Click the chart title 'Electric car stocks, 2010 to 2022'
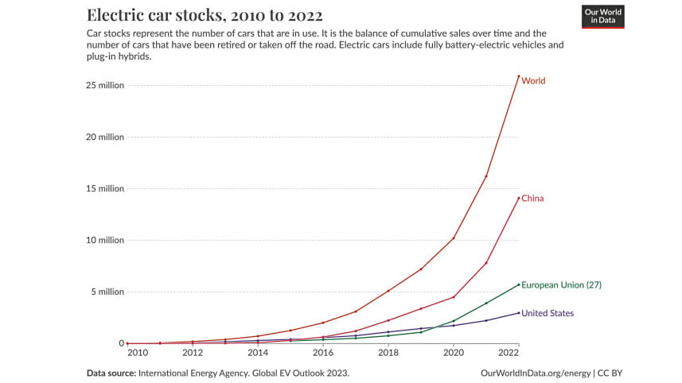pyautogui.click(x=205, y=16)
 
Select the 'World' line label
pyautogui.click(x=533, y=81)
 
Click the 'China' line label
pyautogui.click(x=532, y=198)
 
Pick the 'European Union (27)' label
pyautogui.click(x=561, y=284)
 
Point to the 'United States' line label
pyautogui.click(x=548, y=313)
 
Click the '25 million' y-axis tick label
pyautogui.click(x=106, y=85)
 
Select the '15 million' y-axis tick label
pyautogui.click(x=106, y=188)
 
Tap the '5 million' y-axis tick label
pyautogui.click(x=107, y=292)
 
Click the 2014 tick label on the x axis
pyautogui.click(x=258, y=352)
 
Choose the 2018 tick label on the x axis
pyautogui.click(x=388, y=352)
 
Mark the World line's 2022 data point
pyautogui.click(x=519, y=76)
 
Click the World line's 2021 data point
pyautogui.click(x=486, y=176)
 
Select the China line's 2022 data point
pyautogui.click(x=519, y=198)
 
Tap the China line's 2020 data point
pyautogui.click(x=454, y=297)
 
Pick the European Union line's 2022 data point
pyautogui.click(x=519, y=284)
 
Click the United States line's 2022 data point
pyautogui.click(x=519, y=312)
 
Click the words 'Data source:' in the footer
pyautogui.click(x=111, y=372)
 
